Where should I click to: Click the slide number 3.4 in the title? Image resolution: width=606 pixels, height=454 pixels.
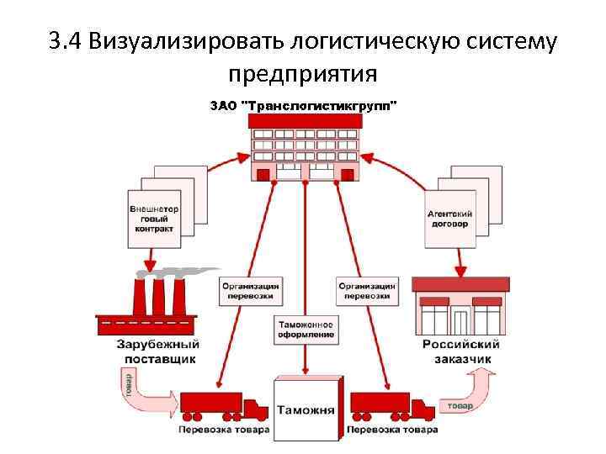tap(66, 40)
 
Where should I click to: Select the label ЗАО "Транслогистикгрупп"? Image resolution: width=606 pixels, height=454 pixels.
tap(303, 106)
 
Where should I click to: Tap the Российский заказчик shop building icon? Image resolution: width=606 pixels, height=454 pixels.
tap(460, 307)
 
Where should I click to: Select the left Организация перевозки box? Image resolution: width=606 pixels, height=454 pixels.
tap(251, 291)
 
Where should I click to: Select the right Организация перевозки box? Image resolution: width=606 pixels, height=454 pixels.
tap(367, 291)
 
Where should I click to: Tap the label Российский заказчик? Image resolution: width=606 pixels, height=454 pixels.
tap(460, 351)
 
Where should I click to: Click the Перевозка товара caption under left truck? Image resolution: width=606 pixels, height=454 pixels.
tap(223, 430)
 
